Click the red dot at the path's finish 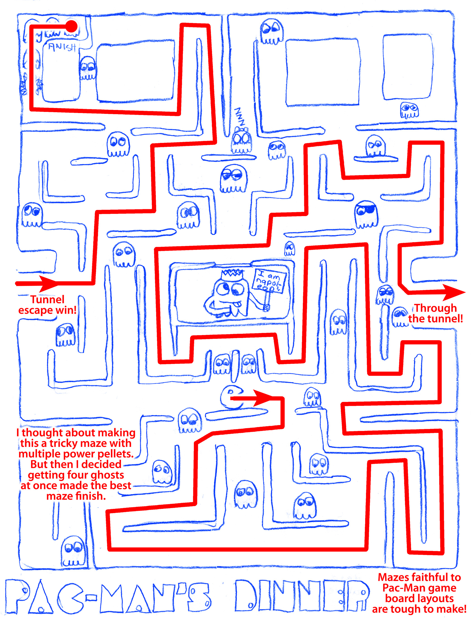[x=72, y=26]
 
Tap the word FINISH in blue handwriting [x=62, y=47]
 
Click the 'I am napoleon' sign [x=269, y=281]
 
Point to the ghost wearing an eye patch [x=366, y=214]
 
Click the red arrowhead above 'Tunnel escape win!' [x=48, y=283]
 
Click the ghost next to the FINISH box [x=87, y=68]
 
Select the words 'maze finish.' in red [x=76, y=496]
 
